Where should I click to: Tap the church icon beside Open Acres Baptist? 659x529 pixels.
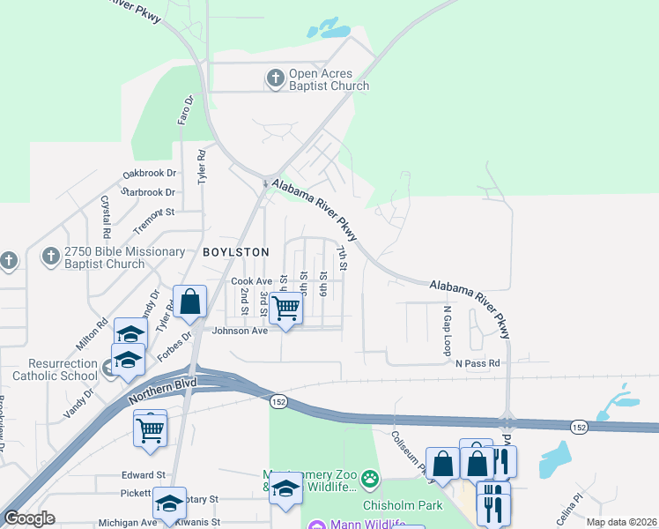point(275,79)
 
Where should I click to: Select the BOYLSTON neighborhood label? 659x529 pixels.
point(235,252)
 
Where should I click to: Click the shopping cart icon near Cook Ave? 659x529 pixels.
point(285,309)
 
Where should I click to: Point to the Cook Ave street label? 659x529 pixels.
point(251,281)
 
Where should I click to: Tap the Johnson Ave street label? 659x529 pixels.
point(239,332)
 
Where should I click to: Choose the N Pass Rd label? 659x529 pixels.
point(478,363)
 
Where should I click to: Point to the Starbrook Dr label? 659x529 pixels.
point(148,192)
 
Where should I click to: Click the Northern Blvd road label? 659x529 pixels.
point(166,391)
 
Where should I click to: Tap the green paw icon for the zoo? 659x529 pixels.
point(371,481)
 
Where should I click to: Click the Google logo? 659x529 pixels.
point(30,518)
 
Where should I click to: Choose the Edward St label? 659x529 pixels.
point(144,474)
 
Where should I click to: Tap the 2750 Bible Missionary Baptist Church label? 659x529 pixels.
point(104,257)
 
